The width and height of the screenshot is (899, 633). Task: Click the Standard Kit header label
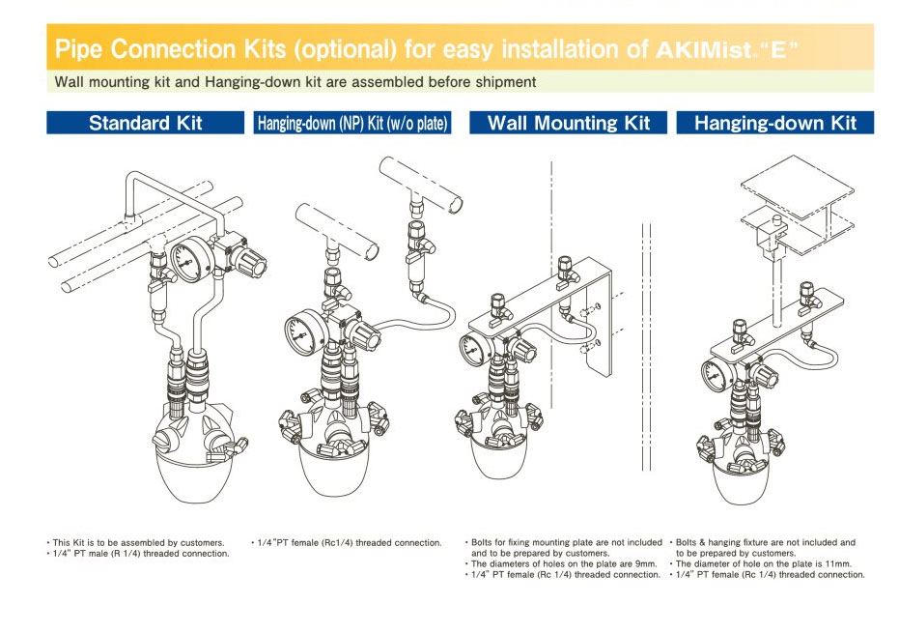pyautogui.click(x=145, y=123)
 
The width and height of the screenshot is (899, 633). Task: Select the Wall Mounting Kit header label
pyautogui.click(x=568, y=123)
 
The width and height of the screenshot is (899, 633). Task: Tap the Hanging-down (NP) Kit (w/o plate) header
pyautogui.click(x=352, y=124)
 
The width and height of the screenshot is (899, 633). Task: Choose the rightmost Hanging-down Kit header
pyautogui.click(x=774, y=123)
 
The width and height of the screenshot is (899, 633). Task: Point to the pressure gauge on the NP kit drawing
pyautogui.click(x=302, y=333)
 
